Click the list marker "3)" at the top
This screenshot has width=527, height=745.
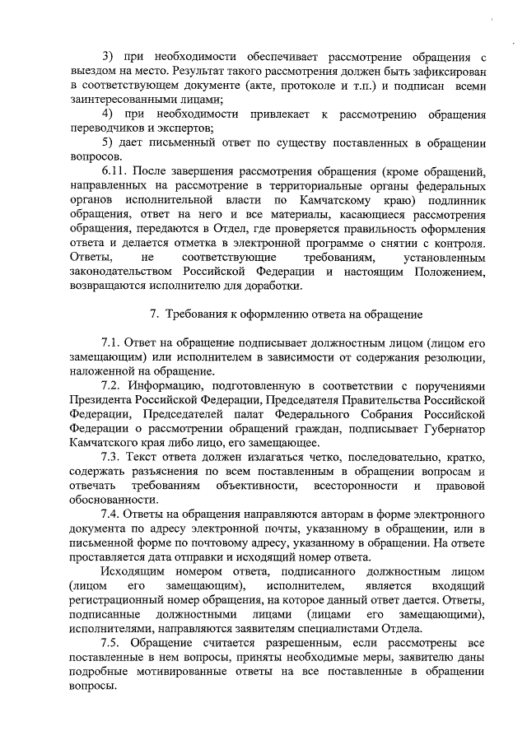click(x=108, y=57)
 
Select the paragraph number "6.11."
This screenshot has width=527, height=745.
click(x=114, y=171)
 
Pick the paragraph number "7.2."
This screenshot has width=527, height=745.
click(x=113, y=387)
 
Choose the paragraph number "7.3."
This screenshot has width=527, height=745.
click(x=113, y=458)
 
